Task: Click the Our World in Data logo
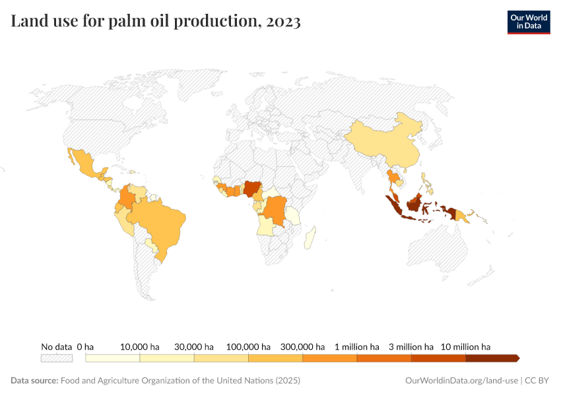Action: pyautogui.click(x=528, y=22)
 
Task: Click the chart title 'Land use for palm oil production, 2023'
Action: pyautogui.click(x=156, y=22)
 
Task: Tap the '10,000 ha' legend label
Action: pyautogui.click(x=140, y=346)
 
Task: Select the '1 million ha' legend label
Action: pyautogui.click(x=356, y=346)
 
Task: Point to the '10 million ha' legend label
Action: pyautogui.click(x=465, y=346)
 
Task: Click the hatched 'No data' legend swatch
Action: pyautogui.click(x=56, y=358)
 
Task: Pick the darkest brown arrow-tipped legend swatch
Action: pyautogui.click(x=492, y=358)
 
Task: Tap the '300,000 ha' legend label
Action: pyautogui.click(x=302, y=346)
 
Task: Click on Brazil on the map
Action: pyautogui.click(x=158, y=224)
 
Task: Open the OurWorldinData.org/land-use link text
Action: pyautogui.click(x=461, y=381)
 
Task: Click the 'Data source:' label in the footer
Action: pyautogui.click(x=34, y=381)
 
